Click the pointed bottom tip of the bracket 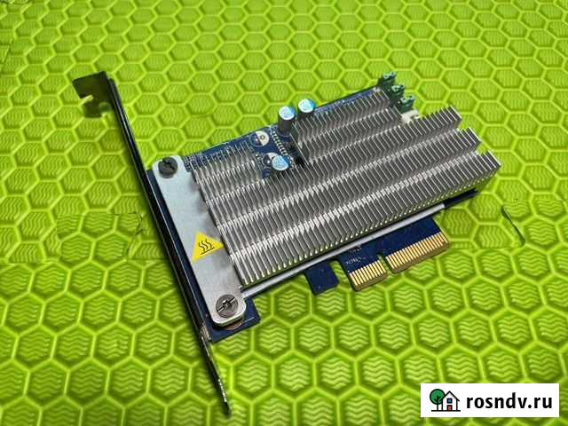pos(225,410)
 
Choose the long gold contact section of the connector pos(415,248)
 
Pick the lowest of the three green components pos(406,106)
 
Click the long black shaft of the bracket pos(169,266)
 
